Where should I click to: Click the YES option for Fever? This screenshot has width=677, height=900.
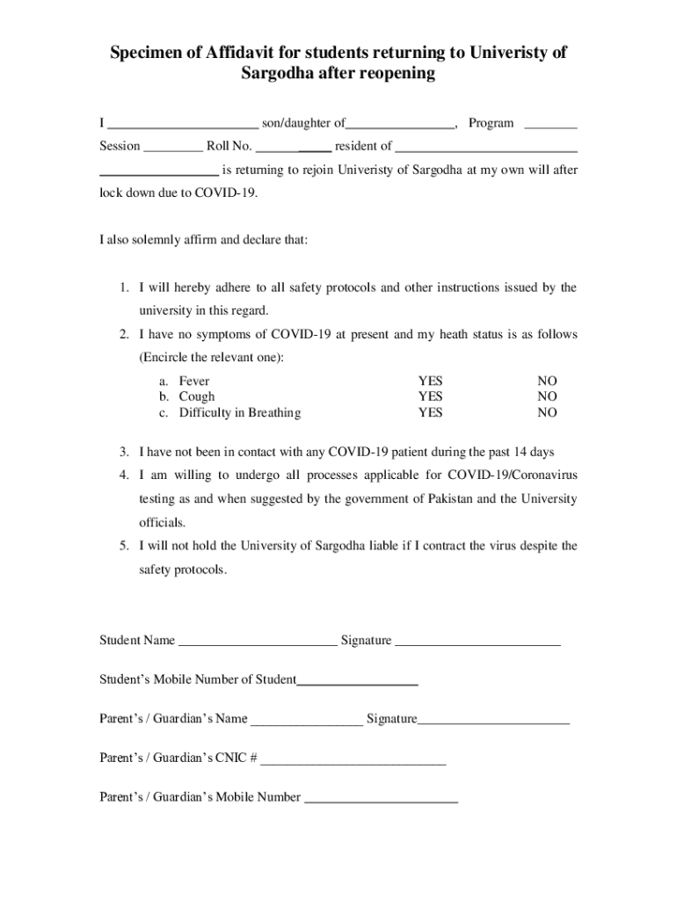click(x=430, y=381)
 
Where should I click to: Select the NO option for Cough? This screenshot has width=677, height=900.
click(x=548, y=396)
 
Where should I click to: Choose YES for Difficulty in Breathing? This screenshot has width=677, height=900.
click(x=430, y=412)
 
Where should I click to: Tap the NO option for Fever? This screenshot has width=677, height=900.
click(x=548, y=381)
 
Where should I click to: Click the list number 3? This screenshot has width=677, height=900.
click(x=125, y=452)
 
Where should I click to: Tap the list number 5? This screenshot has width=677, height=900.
click(x=125, y=546)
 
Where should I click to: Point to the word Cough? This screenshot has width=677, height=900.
click(x=196, y=396)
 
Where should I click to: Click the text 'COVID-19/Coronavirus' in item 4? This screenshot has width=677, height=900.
click(x=513, y=475)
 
